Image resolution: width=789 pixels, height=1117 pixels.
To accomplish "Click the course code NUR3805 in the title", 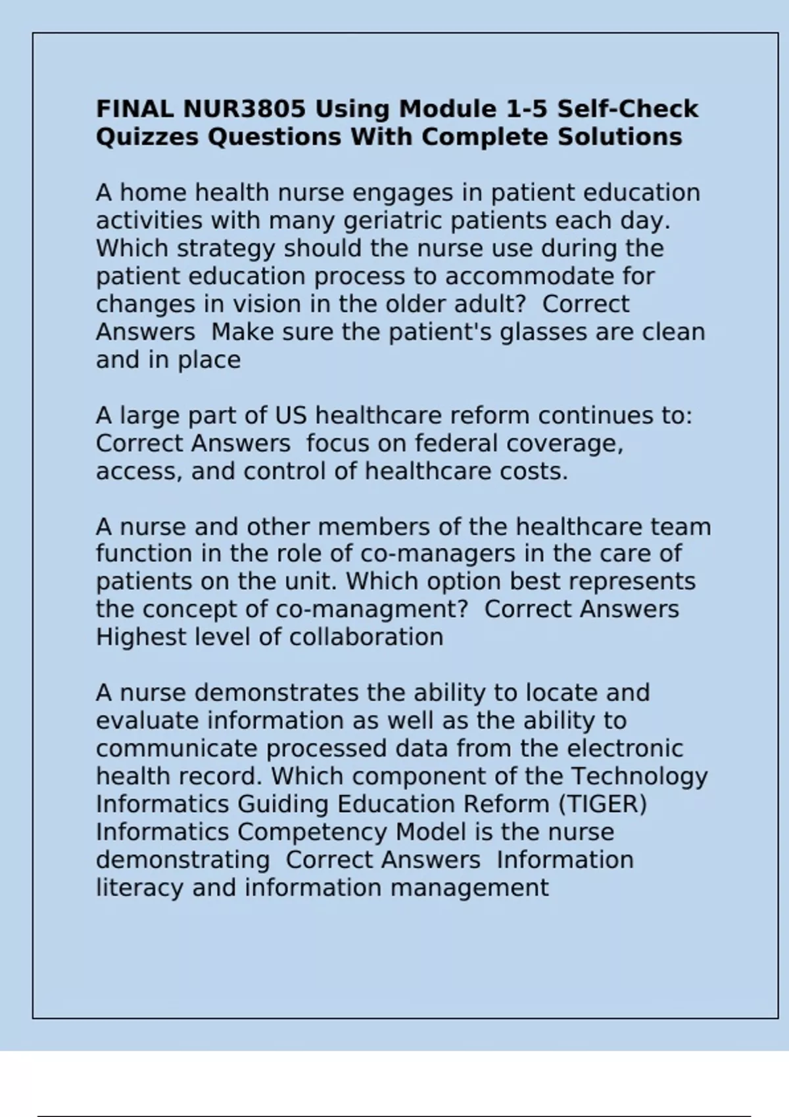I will tap(244, 109).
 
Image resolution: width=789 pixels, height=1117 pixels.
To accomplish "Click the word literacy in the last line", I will tap(139, 888).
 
